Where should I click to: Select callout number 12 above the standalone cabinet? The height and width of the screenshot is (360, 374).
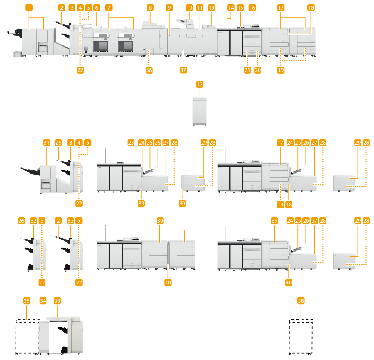coord(200,85)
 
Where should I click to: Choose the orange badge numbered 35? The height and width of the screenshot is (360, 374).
coord(26,301)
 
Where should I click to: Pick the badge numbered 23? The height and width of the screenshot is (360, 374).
coord(131,143)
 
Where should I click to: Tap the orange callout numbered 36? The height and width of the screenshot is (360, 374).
coord(149,70)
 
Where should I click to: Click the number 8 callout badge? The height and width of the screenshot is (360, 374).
coord(151,8)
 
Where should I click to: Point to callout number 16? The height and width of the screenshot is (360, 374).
coord(252,8)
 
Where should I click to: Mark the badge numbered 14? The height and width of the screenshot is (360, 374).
coord(231,8)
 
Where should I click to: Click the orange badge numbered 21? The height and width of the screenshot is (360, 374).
coord(247,70)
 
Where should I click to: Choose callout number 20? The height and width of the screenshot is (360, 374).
coord(257,70)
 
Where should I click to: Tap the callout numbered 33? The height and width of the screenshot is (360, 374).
coord(57,301)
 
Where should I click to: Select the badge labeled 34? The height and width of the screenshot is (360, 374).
coord(43,301)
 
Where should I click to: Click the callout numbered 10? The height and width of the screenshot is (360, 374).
coord(189,8)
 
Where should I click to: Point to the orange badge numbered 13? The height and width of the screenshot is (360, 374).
coord(212,8)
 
